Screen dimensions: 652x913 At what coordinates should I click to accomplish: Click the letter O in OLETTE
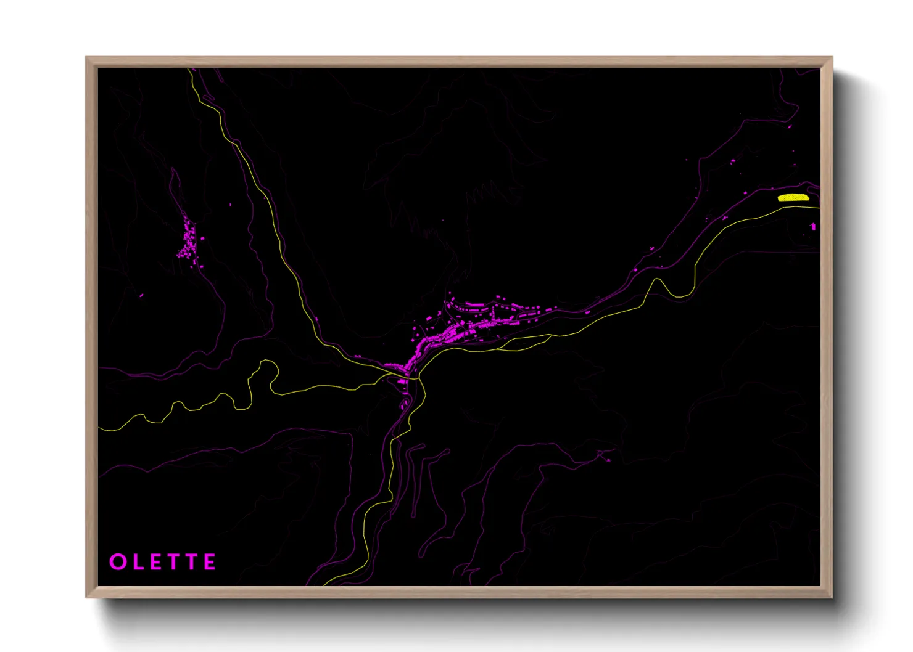tap(117, 562)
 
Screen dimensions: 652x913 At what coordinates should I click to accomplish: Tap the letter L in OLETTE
tap(137, 562)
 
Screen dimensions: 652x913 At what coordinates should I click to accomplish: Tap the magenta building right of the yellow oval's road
tap(812, 227)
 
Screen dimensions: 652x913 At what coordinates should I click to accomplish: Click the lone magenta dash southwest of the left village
tap(141, 296)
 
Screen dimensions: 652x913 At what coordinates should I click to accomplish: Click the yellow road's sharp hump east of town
tap(658, 281)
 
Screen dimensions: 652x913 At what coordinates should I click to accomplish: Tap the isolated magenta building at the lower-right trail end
tap(608, 459)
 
